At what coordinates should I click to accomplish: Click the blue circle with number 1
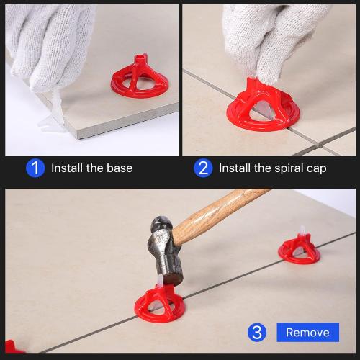pos(35,168)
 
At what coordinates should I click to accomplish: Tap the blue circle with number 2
pos(203,168)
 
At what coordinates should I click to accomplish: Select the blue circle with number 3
pos(257,332)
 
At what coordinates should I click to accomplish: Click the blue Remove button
pos(307,332)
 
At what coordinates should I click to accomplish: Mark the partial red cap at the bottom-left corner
pos(10,347)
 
